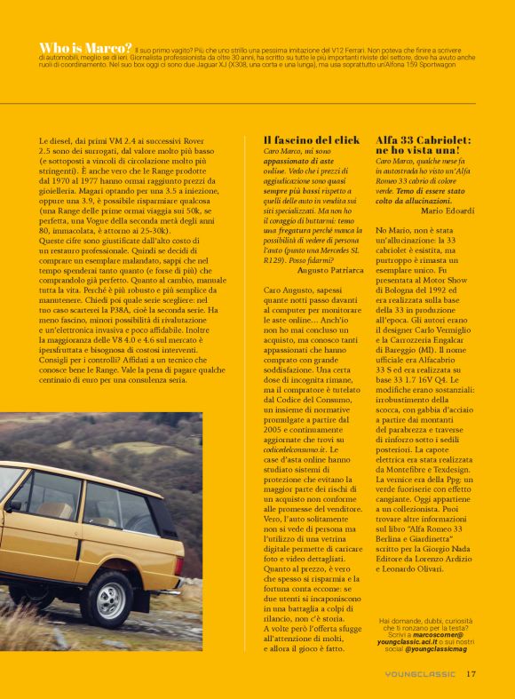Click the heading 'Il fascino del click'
coord(312,140)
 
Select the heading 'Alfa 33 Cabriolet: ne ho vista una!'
coord(423,146)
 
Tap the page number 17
coord(471,673)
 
